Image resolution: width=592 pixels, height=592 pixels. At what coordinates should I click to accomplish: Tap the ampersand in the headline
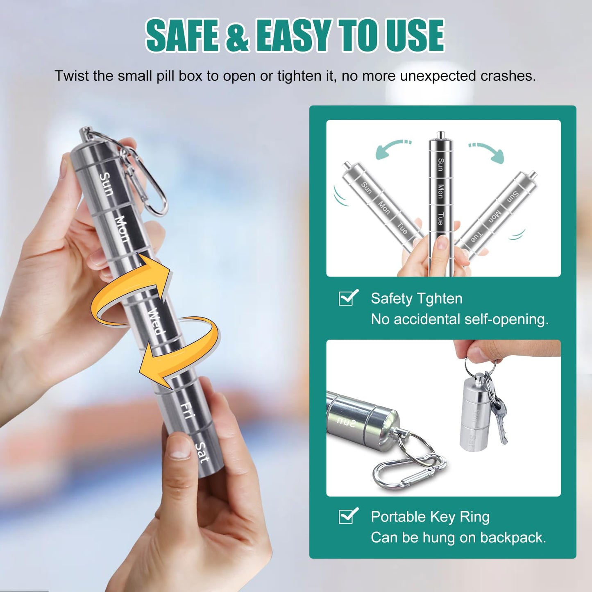coord(236,36)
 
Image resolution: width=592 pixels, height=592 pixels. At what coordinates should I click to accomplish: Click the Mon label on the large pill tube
coord(123,229)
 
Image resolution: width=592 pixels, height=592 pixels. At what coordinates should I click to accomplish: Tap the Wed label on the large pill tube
coord(157,321)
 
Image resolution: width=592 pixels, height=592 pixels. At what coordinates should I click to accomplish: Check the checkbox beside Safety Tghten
coord(348,297)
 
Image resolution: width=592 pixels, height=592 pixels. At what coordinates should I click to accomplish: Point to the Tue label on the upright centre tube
coord(440,218)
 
